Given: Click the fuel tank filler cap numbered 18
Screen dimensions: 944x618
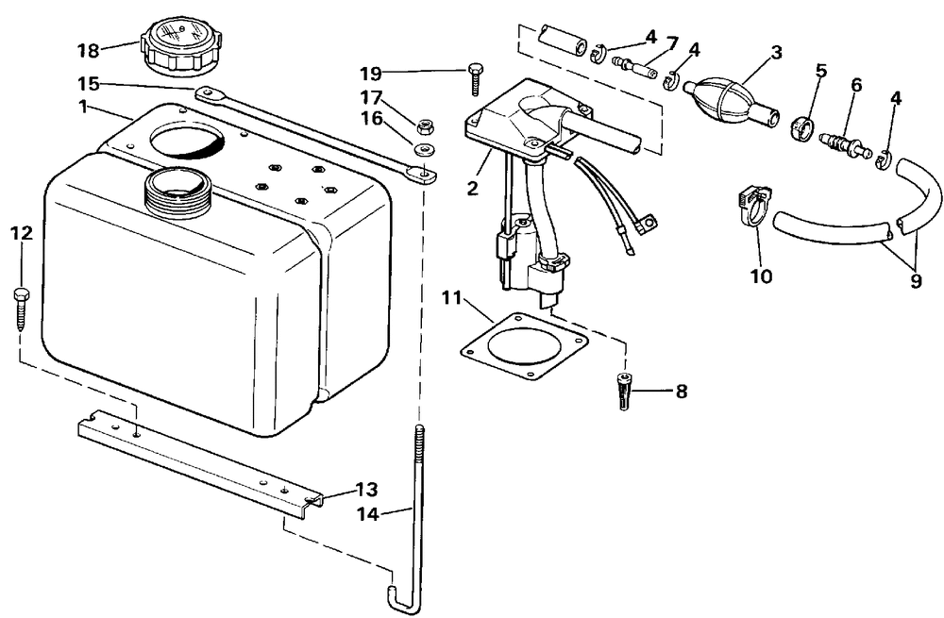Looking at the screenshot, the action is pos(180,46).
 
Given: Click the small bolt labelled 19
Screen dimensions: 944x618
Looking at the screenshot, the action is pos(474,78).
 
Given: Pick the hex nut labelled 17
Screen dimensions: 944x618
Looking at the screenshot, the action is pos(423,126).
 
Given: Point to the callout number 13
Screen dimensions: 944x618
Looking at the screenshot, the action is pos(365,490).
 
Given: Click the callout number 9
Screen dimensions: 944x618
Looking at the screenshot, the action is pos(915,280).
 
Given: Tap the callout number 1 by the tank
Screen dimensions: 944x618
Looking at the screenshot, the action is pos(82,108).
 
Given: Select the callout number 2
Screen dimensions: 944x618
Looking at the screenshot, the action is pos(473,188).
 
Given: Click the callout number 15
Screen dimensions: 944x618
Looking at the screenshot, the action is pos(88,83).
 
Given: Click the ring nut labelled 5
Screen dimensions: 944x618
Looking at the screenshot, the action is pos(801,128).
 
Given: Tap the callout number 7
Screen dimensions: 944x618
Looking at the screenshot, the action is pos(672,43).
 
